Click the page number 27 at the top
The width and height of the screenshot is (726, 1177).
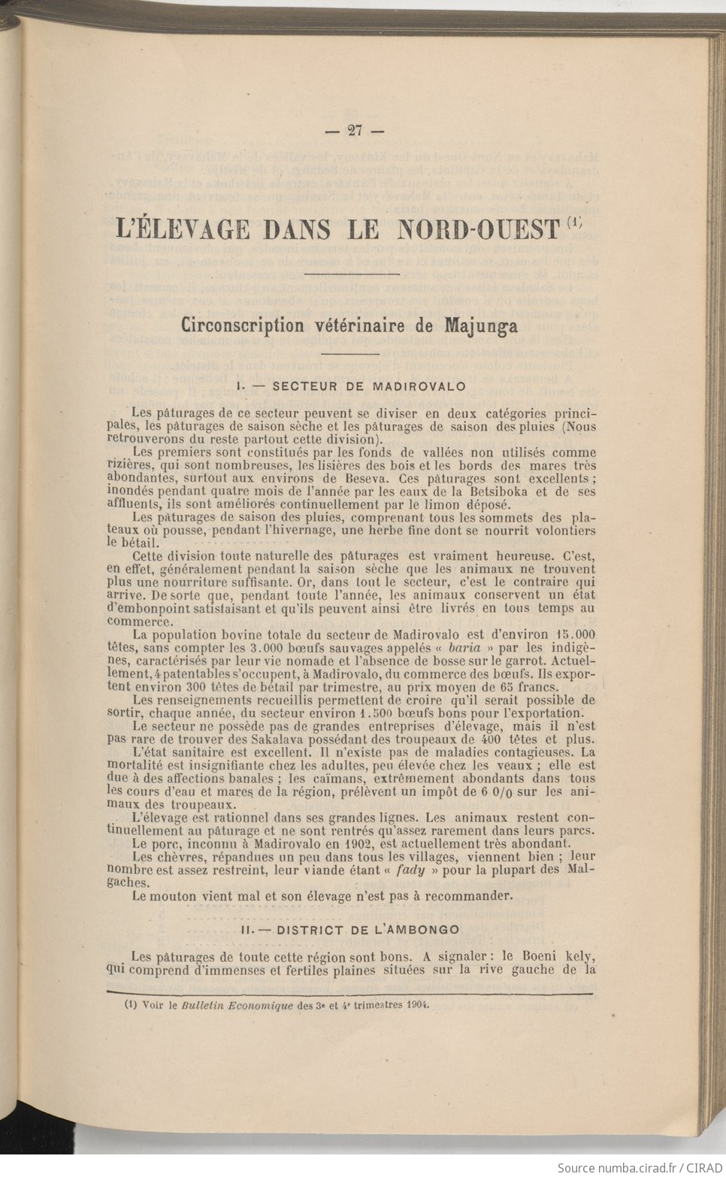point(355,130)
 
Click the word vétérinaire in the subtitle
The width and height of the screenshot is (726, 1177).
point(361,326)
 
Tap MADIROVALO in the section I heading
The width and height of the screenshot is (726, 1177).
point(419,386)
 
